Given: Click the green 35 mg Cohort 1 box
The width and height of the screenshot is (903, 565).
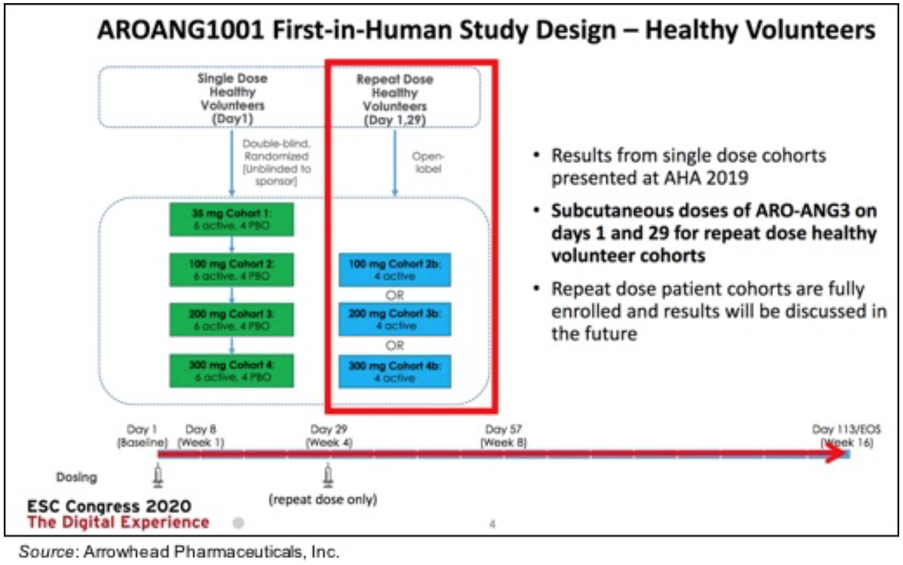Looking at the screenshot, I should pos(231,219).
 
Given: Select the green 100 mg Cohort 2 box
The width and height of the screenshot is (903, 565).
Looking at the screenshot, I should pos(231,269).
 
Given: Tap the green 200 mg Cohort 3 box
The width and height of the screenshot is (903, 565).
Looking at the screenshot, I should pos(231,320).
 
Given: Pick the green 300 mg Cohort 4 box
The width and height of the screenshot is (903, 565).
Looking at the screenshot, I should pos(231,370).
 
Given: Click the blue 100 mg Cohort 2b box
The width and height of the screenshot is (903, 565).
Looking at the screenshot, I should pos(394,270).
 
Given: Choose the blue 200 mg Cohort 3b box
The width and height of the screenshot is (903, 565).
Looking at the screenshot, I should pos(394,320).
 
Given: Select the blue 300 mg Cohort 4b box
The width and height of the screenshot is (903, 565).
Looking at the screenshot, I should pos(394,372).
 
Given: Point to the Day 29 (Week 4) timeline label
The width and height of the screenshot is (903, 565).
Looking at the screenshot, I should pos(328,435).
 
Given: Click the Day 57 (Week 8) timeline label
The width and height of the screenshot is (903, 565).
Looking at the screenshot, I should pos(503,435).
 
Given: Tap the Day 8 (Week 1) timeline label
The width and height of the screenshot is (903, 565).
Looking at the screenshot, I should pos(201,435).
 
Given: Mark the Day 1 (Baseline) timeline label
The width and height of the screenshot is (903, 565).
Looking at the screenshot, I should pos(142,435).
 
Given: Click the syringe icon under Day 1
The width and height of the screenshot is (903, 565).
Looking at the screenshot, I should pos(158,476).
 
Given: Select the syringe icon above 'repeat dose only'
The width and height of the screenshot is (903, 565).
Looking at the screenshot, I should pos(327,476).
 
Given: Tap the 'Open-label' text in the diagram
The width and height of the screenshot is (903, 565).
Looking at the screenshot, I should pos(428,162).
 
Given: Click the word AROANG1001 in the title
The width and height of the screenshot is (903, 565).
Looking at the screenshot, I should pos(180,30).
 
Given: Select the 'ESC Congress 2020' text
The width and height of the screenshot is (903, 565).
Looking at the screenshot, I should pos(109,506).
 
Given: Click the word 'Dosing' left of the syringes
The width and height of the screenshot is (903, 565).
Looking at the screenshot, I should pos(77,477).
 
